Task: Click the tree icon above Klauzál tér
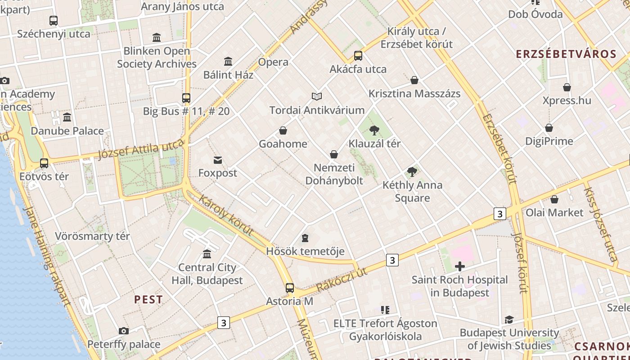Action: point(374,131)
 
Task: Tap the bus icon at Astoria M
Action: point(290,288)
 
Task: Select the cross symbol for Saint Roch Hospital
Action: point(459,266)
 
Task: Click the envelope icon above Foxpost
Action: point(218,160)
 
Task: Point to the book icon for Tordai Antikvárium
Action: point(317,96)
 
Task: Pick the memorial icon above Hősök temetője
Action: point(305,238)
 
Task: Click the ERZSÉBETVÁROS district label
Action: point(566,54)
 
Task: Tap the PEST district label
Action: point(148,300)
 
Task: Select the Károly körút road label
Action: point(225,216)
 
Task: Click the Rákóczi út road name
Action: point(342,279)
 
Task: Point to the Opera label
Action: point(273,62)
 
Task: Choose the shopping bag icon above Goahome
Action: point(283,131)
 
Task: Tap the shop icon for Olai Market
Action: point(554,199)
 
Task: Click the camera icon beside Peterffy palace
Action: point(124,331)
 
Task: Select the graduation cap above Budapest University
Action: point(509,319)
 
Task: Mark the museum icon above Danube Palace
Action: point(67,117)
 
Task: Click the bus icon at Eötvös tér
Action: point(44,163)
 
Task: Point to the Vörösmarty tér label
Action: point(92,236)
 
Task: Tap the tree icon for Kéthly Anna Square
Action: point(412,171)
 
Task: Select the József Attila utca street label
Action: point(141,149)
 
